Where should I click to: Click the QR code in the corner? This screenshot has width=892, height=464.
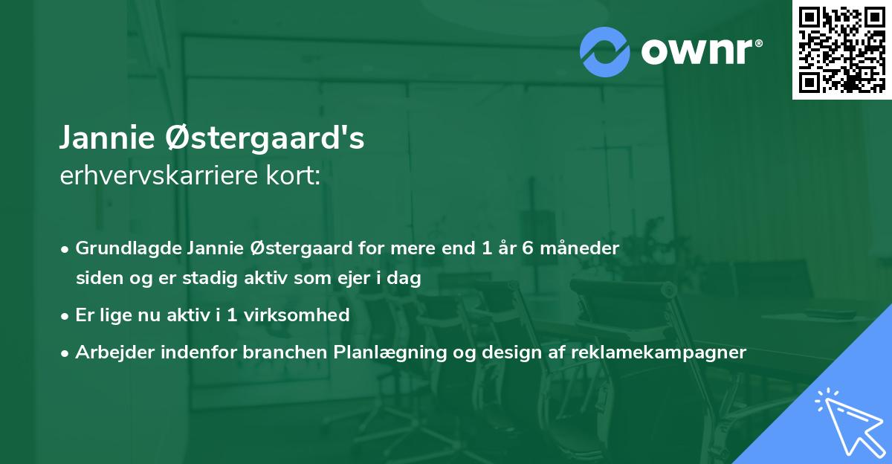point(841,50)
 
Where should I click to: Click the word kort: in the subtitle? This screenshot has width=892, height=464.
point(296,176)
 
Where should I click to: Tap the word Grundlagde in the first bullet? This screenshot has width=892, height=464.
point(129,248)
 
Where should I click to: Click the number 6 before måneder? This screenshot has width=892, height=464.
point(527,248)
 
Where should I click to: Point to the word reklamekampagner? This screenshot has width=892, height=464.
point(659,352)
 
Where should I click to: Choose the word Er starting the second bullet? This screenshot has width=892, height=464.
point(85,315)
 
